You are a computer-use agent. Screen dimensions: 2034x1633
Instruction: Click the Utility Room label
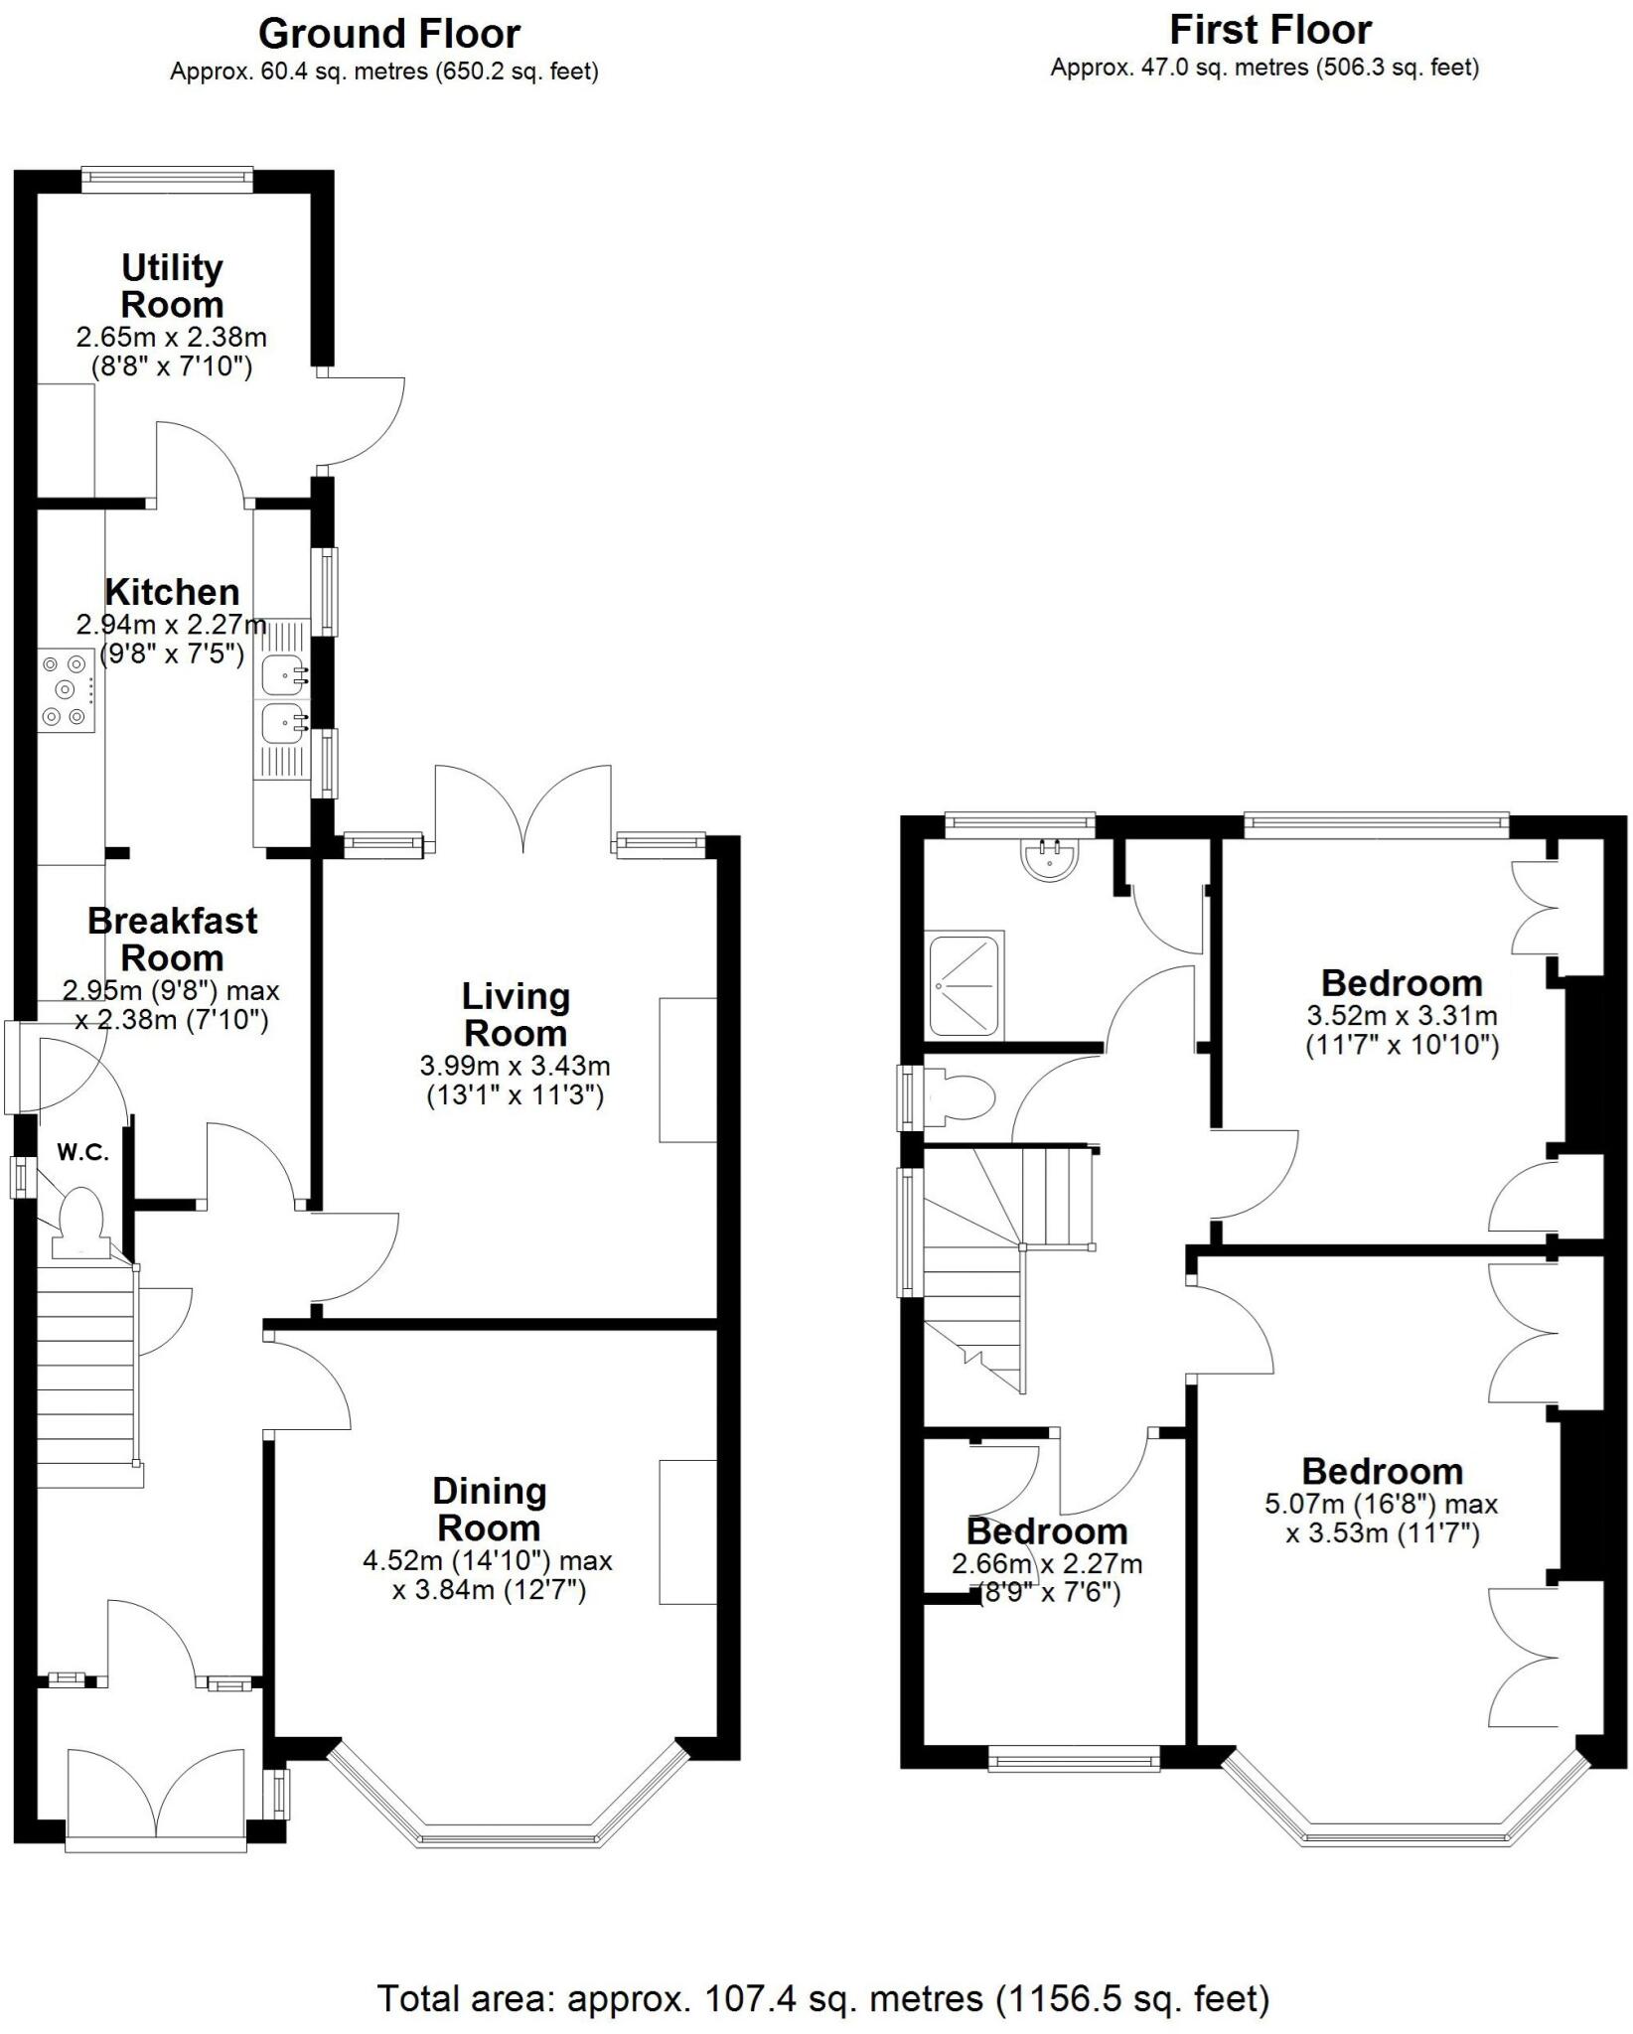pos(172,285)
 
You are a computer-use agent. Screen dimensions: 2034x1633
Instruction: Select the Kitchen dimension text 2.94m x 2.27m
pos(172,626)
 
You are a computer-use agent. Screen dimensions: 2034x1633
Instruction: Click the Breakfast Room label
pos(172,939)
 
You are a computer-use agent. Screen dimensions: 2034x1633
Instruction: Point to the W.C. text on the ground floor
pos(82,1153)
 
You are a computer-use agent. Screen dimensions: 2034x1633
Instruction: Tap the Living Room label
pos(516,1014)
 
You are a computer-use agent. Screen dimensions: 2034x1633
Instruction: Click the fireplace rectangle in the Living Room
pos(687,1070)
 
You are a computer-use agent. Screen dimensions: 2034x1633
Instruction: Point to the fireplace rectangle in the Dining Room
pos(687,1531)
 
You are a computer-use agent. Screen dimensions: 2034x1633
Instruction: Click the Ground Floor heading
pos(388,34)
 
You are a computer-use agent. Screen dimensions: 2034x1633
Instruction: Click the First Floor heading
pos(1269,30)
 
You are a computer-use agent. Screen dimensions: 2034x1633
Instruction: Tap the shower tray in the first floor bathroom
pos(964,984)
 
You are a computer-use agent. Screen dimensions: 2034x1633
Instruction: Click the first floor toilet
pos(960,1098)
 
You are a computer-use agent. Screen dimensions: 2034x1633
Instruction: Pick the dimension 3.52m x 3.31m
pos(1401,1016)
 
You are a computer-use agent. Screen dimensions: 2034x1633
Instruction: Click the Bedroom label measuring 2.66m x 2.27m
pos(1047,1530)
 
